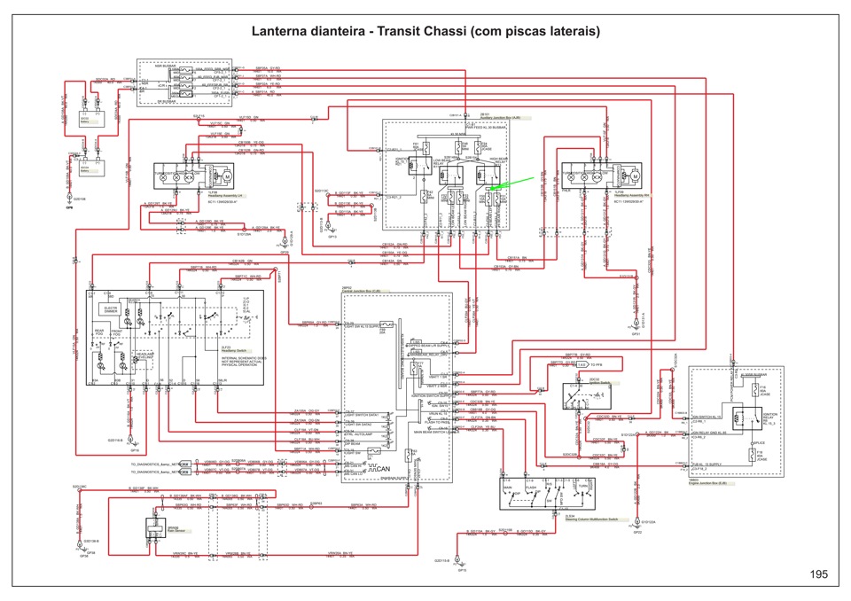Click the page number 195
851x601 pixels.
pyautogui.click(x=818, y=575)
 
